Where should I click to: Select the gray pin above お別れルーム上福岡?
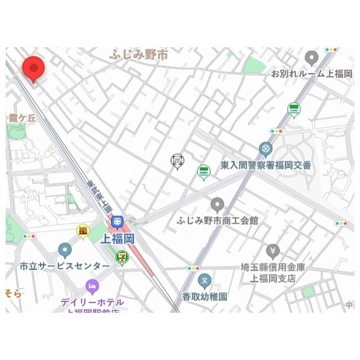click(x=312, y=58)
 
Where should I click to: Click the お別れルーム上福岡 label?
click(x=312, y=74)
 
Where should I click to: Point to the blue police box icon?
click(x=265, y=150)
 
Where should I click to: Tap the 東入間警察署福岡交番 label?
click(x=265, y=165)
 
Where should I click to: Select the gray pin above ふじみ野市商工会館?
click(x=217, y=205)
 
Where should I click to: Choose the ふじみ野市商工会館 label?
click(x=217, y=220)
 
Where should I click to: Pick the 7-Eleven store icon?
click(x=121, y=256)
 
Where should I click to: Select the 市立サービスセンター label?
click(x=65, y=265)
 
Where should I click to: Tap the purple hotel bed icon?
click(x=92, y=287)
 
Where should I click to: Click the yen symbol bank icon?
click(x=273, y=250)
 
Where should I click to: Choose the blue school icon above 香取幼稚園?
click(x=205, y=280)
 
